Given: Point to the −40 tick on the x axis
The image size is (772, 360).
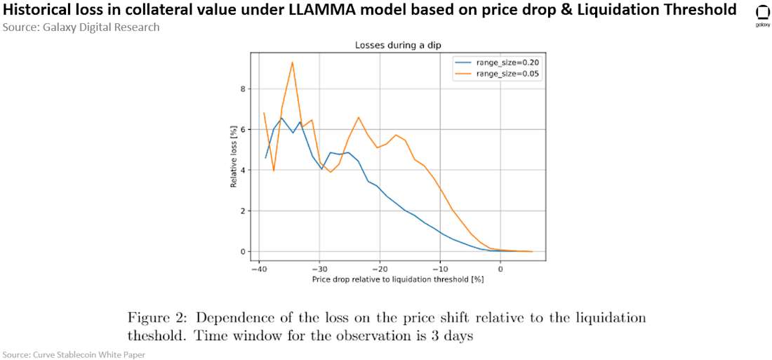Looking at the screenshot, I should tap(259, 269).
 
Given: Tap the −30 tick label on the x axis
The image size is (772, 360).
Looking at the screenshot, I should tap(319, 269).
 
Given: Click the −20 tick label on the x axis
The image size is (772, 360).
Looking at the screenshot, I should tap(380, 269).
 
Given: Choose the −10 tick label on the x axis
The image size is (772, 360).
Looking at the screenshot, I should tap(440, 269).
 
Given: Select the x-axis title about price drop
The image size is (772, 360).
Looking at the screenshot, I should tap(398, 279).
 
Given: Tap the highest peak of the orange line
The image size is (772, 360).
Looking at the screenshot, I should tap(292, 62).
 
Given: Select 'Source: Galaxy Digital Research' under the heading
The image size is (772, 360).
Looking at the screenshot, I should tap(81, 27).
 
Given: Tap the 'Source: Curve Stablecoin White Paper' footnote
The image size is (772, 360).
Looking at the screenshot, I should tap(73, 354).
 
